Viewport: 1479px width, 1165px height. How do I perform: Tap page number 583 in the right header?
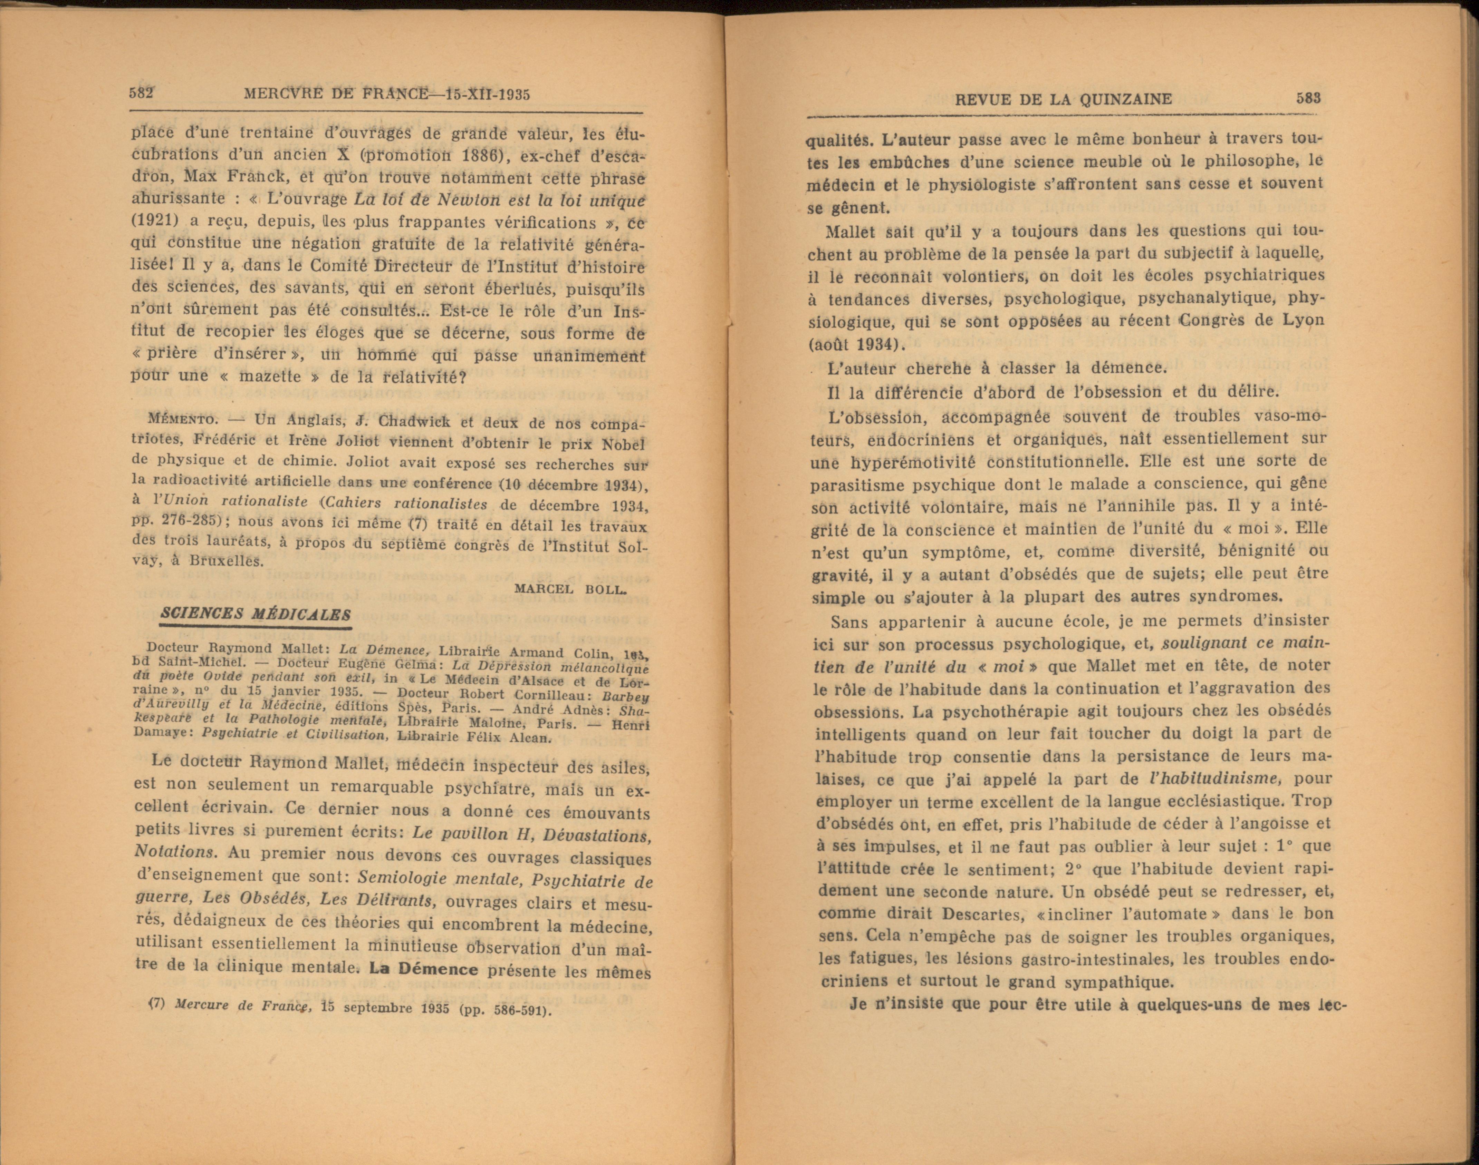click(x=1308, y=98)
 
